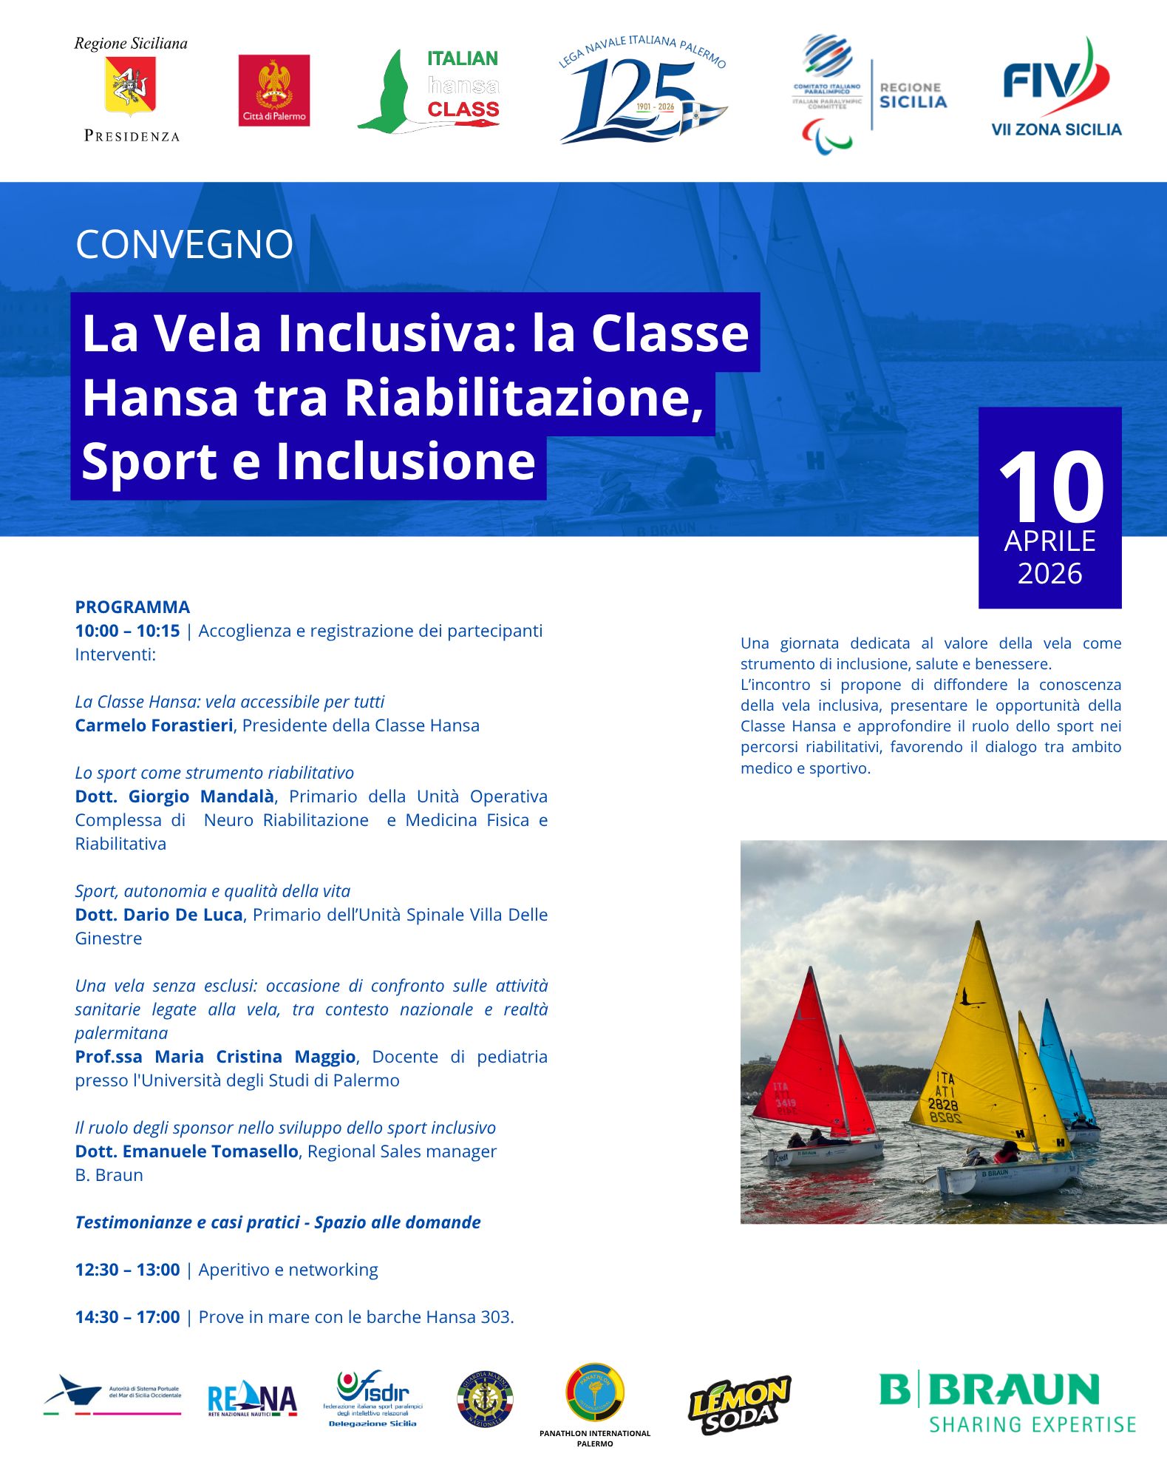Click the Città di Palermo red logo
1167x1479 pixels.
click(273, 90)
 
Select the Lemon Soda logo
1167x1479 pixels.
click(739, 1404)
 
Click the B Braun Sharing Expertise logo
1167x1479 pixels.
click(1007, 1402)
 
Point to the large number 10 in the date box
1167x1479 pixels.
click(1050, 488)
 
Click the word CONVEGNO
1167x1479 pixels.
click(184, 244)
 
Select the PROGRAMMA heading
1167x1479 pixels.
click(132, 607)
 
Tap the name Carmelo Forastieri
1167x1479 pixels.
click(154, 725)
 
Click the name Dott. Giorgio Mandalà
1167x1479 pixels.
click(174, 796)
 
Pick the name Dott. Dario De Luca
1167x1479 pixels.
click(159, 915)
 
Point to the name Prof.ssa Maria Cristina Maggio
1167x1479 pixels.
click(215, 1057)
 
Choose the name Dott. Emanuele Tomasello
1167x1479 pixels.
click(186, 1151)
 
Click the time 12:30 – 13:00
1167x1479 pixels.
click(127, 1270)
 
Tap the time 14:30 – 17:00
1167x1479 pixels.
click(127, 1317)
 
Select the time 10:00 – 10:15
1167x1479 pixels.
click(127, 631)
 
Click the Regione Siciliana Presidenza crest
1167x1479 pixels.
click(131, 87)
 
